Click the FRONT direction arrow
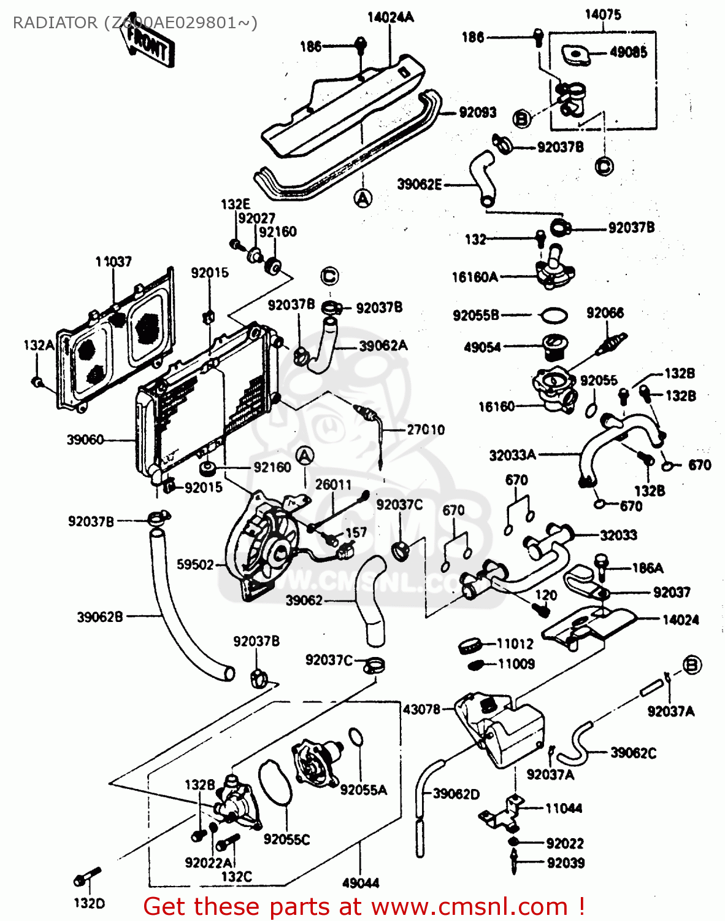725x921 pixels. point(149,44)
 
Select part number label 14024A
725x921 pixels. point(390,17)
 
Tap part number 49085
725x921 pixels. point(628,52)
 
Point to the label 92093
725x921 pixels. point(477,112)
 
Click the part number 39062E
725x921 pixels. point(420,184)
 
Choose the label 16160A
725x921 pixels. point(475,278)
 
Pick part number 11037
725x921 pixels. point(113,262)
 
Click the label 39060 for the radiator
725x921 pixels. point(85,440)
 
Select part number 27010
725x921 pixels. point(426,430)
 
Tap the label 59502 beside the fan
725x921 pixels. point(195,564)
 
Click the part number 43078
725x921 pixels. point(421,709)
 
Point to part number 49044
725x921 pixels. point(361,883)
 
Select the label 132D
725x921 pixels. point(90,903)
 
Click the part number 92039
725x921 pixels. point(566,863)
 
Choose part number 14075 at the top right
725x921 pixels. point(602,14)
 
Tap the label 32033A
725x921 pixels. point(512,455)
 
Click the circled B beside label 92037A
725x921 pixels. point(692,665)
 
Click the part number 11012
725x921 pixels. point(515,643)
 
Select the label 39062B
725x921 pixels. point(100,617)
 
